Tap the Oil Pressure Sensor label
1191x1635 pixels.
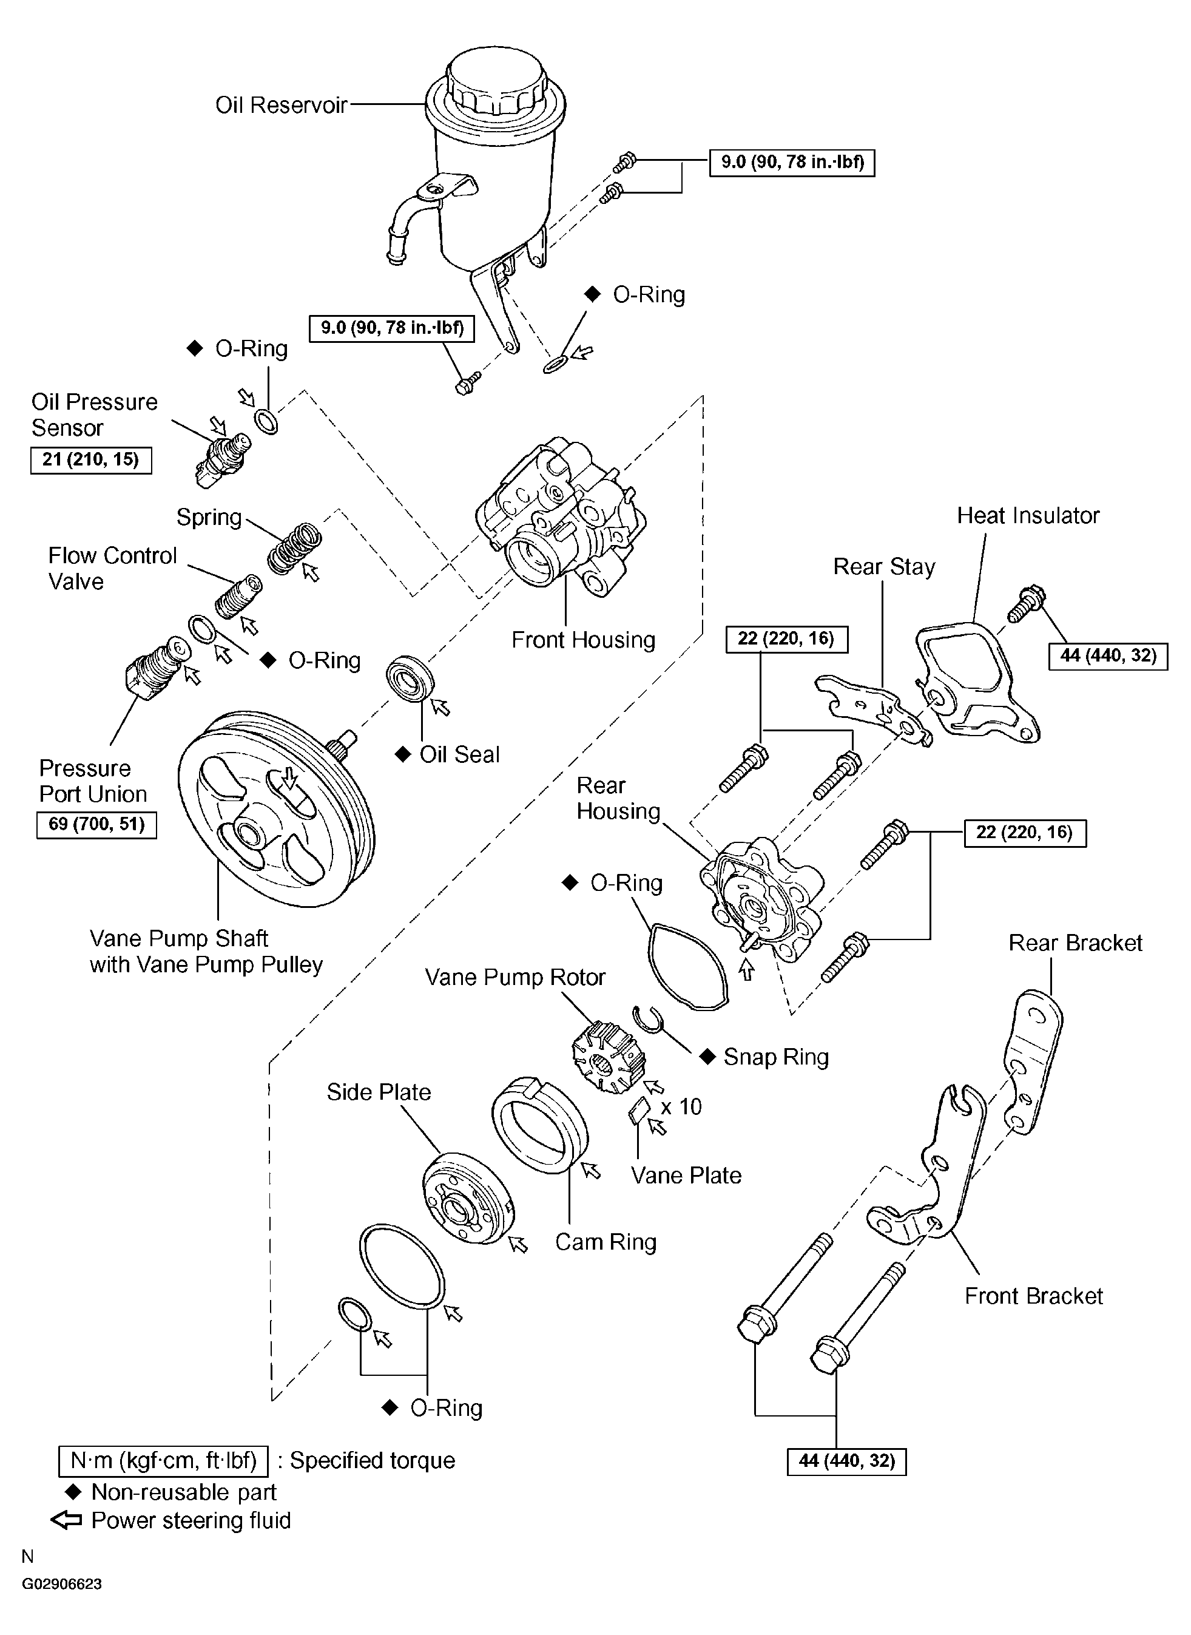coord(95,415)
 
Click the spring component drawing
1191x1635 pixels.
coord(294,548)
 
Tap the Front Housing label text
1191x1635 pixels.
coord(583,640)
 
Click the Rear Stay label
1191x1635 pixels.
coord(884,567)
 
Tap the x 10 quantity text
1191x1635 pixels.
coord(681,1106)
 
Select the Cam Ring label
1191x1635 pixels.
coord(606,1241)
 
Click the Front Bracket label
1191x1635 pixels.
coord(1034,1295)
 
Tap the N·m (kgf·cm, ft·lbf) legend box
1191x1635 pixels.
coord(163,1460)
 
